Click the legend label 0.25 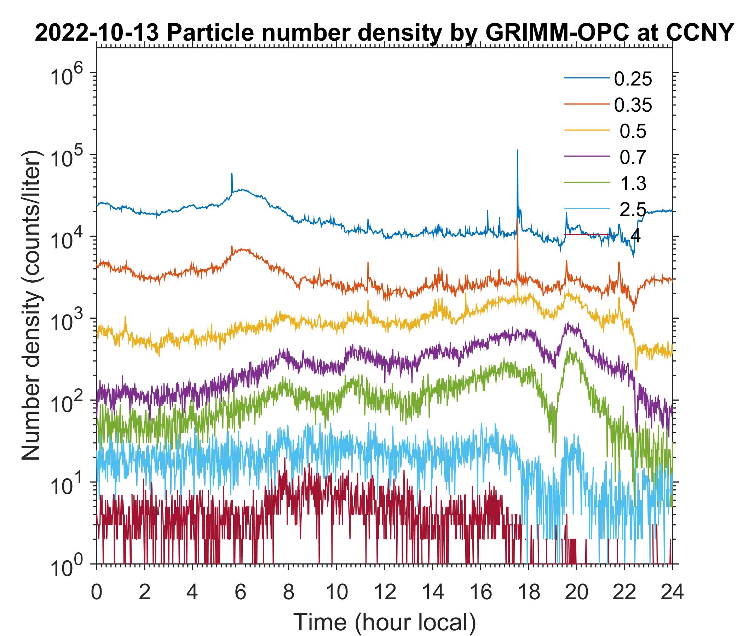coord(633,79)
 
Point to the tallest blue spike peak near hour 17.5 coord(517,150)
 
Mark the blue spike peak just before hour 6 coord(232,173)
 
